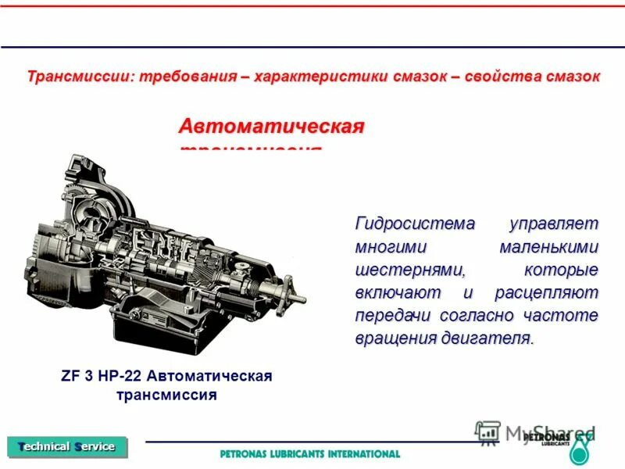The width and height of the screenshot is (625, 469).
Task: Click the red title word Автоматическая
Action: pos(272,127)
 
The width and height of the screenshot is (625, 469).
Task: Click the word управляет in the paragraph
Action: pos(553,224)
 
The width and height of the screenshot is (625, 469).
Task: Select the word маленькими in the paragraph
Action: pos(548,247)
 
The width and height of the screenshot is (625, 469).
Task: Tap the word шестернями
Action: pos(410,270)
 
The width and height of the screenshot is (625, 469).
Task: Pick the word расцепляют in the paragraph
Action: pos(546,293)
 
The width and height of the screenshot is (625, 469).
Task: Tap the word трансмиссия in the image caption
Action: pos(166,394)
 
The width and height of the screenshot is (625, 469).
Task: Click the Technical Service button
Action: pos(66,446)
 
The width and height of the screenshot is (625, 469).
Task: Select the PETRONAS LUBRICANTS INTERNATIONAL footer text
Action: pos(310,453)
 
